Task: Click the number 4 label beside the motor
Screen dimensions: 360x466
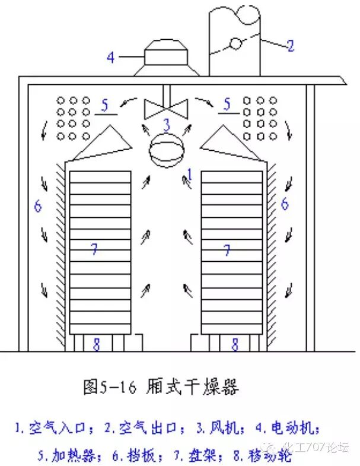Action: coord(111,58)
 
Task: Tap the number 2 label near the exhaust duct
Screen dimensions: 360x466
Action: coord(290,46)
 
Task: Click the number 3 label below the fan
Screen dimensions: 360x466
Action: coord(167,125)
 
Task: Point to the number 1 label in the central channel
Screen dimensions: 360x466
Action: coord(189,173)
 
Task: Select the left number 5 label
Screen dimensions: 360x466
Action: coord(105,106)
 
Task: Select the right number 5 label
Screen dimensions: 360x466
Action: coord(226,104)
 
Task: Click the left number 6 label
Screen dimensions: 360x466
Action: coord(38,206)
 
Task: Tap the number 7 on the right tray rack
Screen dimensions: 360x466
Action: coord(227,250)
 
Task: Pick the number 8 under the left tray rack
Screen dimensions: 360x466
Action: coord(98,343)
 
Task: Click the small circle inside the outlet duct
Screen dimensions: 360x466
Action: coord(235,43)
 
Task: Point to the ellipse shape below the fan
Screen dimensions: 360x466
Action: coord(167,151)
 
